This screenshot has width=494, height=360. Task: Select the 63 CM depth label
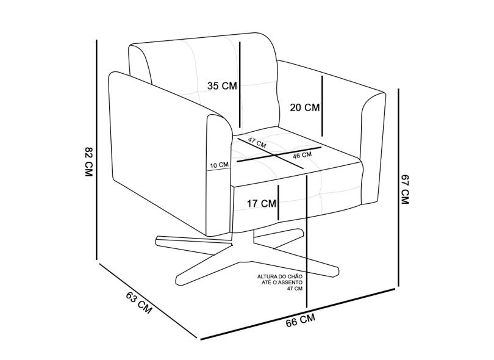click(139, 302)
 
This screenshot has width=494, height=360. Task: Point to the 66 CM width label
click(301, 320)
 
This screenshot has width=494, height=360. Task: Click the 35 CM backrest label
click(221, 86)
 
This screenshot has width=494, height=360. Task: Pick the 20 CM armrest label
click(304, 108)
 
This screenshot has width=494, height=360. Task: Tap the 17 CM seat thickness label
click(262, 203)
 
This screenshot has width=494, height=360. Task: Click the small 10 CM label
click(219, 165)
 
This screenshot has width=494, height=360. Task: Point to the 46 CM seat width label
click(302, 155)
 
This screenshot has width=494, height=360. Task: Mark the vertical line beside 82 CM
click(97, 149)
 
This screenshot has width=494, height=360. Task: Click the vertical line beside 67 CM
click(398, 186)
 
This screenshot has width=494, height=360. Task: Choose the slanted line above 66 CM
click(299, 313)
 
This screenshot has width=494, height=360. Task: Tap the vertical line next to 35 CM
click(241, 85)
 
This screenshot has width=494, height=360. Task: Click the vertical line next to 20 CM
click(322, 105)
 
